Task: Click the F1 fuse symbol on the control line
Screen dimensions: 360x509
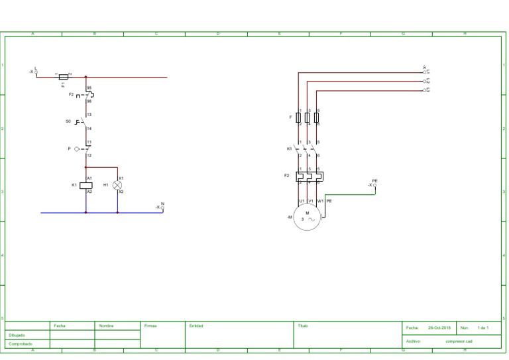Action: click(x=64, y=77)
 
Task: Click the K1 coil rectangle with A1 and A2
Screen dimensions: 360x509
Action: click(x=85, y=185)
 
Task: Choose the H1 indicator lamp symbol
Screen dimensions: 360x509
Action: click(x=117, y=185)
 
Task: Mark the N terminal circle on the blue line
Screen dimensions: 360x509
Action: click(x=162, y=208)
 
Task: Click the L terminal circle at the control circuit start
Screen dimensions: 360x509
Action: click(x=36, y=72)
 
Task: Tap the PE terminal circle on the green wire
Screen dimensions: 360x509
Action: click(x=375, y=185)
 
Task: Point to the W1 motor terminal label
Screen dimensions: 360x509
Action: click(x=320, y=201)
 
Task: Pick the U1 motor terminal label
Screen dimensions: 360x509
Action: click(x=302, y=201)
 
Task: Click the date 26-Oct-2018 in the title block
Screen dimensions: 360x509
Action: click(x=438, y=328)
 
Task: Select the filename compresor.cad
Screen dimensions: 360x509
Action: click(x=459, y=341)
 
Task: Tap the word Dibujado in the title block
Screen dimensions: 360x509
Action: click(x=17, y=335)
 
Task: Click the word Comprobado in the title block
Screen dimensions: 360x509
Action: click(x=19, y=344)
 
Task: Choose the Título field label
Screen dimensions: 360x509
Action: click(x=303, y=326)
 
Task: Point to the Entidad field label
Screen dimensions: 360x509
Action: click(x=196, y=326)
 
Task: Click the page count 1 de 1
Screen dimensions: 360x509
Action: click(x=482, y=328)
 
